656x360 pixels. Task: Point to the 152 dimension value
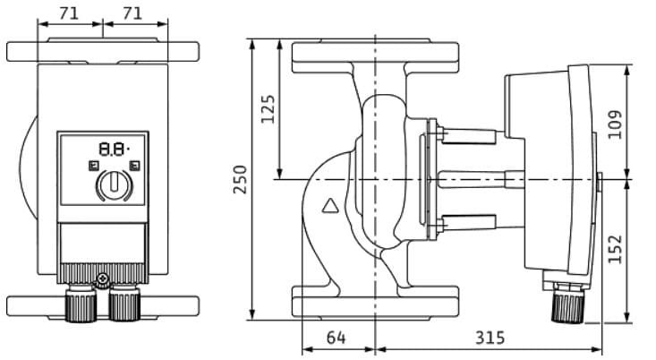pos(615,248)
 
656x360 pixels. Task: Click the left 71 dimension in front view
pos(70,13)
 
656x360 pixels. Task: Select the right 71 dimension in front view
pos(134,13)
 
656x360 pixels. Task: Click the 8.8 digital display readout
pos(112,149)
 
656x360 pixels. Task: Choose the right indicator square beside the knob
pos(133,166)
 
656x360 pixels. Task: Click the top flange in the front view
pos(102,51)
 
